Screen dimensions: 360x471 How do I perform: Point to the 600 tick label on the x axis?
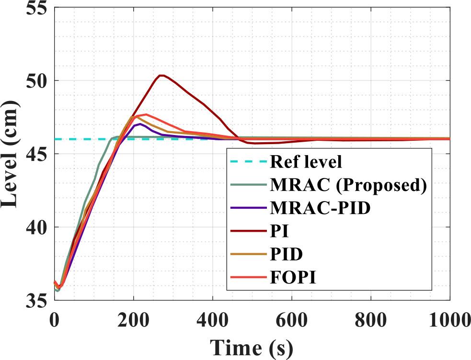pos(292,319)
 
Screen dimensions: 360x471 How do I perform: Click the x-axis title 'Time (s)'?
pos(251,346)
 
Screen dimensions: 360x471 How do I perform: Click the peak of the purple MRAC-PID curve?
pos(139,124)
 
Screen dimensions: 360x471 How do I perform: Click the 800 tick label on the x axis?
pos(371,319)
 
